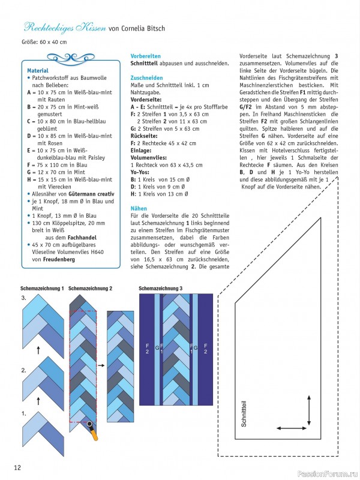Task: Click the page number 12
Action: (18, 467)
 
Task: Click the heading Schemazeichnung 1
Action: (42, 289)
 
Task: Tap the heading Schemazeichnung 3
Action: (161, 289)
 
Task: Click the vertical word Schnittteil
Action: (244, 414)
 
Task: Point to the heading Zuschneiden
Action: (147, 78)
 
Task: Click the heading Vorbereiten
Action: (146, 56)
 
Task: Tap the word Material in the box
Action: (38, 71)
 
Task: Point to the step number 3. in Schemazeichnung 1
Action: (23, 298)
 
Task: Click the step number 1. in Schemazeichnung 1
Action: (23, 413)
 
